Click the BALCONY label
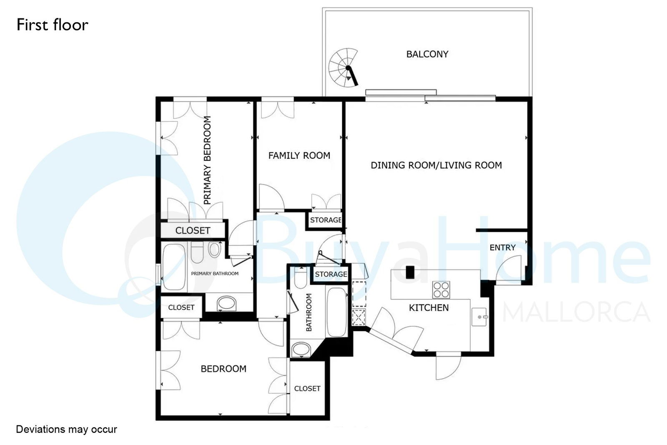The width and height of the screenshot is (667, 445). tap(427, 54)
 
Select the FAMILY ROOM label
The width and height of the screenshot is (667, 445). tap(299, 156)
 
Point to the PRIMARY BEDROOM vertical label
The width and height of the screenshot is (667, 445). tap(207, 160)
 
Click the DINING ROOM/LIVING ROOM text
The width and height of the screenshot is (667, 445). tap(436, 165)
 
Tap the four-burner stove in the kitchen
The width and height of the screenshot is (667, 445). tap(441, 290)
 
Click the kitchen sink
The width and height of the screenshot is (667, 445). tap(479, 317)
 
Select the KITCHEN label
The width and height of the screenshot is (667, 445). tap(429, 308)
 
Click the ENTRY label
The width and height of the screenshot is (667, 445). tap(502, 247)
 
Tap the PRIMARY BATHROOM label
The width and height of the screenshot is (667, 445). tap(215, 274)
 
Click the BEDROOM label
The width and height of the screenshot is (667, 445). tap(223, 369)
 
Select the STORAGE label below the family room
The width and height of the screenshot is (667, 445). tap(326, 220)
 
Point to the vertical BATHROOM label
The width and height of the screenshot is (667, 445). tap(309, 312)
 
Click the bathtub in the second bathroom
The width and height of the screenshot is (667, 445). tap(336, 312)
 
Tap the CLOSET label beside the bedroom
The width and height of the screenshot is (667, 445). tap(307, 388)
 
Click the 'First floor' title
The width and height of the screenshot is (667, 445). tap(53, 25)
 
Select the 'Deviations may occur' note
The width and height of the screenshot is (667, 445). tap(66, 429)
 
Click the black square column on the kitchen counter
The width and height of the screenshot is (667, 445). tap(410, 272)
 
